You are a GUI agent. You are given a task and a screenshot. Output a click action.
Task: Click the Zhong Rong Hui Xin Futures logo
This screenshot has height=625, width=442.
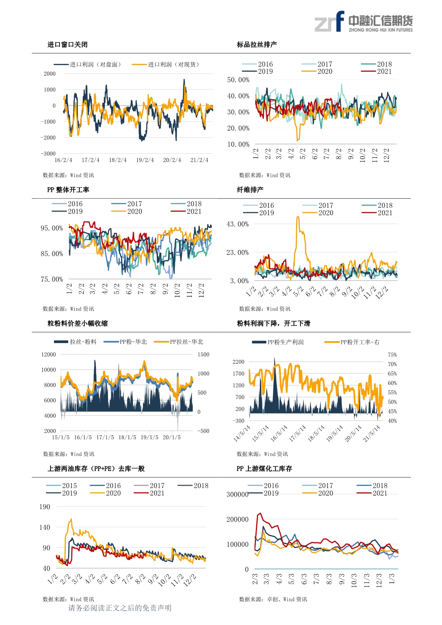point(363,22)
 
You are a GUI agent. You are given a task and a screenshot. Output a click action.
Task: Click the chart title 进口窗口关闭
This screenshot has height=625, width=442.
point(67,45)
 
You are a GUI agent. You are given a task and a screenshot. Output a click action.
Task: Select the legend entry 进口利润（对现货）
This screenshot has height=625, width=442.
point(165,65)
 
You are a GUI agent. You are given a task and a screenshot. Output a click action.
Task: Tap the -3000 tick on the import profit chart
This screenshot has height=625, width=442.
point(48,154)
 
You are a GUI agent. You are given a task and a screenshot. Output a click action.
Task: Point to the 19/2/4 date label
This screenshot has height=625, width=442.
point(145,160)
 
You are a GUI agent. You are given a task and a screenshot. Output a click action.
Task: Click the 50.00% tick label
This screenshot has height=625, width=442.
point(238,80)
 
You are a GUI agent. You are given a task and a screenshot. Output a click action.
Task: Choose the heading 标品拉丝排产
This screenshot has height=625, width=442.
point(257,45)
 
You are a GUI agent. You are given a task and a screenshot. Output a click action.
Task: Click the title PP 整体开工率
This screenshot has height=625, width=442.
point(68,190)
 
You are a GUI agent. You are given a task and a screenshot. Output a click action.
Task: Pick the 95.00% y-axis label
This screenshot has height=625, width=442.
point(52,228)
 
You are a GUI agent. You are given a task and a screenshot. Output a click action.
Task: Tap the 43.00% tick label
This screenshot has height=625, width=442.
point(237,224)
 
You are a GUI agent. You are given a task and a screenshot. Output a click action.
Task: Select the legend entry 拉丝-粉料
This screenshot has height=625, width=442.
point(75,342)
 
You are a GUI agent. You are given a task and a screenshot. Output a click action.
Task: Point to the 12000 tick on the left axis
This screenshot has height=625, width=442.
point(48,354)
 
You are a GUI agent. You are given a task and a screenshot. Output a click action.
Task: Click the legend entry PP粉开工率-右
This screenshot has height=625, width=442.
point(352,342)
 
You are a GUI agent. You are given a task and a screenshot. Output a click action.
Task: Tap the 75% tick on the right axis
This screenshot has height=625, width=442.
point(392,355)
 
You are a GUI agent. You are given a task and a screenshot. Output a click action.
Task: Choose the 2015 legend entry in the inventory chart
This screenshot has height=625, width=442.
point(61,486)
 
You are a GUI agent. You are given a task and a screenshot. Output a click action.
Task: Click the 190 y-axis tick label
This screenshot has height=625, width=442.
point(45,507)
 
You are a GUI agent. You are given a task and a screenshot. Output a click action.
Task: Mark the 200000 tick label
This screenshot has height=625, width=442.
point(237,519)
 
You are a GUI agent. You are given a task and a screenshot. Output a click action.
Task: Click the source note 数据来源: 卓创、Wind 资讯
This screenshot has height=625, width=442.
point(273,599)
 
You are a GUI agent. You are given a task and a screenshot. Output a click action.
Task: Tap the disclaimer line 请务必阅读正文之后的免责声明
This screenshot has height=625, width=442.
point(120,608)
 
